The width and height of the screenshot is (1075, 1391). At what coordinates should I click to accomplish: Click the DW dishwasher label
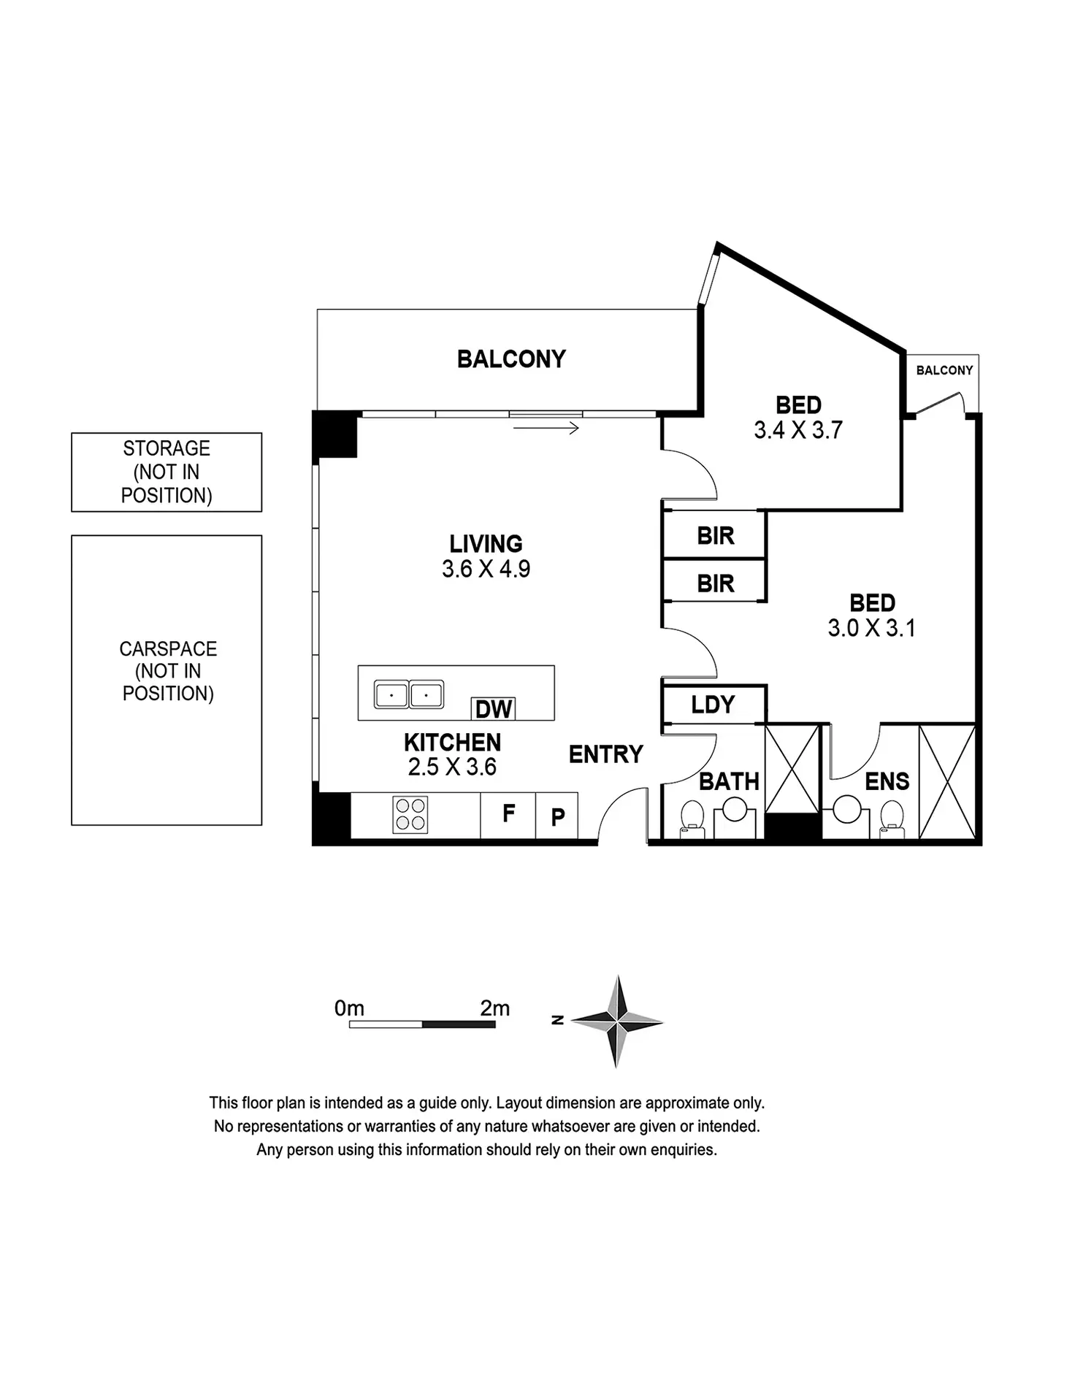pyautogui.click(x=494, y=709)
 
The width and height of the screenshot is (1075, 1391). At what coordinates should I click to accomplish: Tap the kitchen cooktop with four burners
pyautogui.click(x=410, y=815)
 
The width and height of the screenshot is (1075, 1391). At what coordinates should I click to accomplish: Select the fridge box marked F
pyautogui.click(x=508, y=813)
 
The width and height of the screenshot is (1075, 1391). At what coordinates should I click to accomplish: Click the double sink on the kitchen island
pyautogui.click(x=408, y=694)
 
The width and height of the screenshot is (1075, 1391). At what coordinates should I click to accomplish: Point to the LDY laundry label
pyautogui.click(x=713, y=705)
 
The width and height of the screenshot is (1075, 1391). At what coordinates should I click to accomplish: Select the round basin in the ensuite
pyautogui.click(x=847, y=809)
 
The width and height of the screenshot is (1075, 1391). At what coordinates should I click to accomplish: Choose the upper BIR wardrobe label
pyautogui.click(x=715, y=536)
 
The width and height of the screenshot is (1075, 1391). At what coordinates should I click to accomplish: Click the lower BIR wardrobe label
pyautogui.click(x=715, y=583)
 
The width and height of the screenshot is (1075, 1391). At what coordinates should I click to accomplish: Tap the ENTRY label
pyautogui.click(x=605, y=754)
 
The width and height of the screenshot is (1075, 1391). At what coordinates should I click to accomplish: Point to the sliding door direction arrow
pyautogui.click(x=546, y=429)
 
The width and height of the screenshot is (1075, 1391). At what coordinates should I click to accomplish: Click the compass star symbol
pyautogui.click(x=618, y=1021)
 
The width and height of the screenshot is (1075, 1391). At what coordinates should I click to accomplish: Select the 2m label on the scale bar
pyautogui.click(x=494, y=1008)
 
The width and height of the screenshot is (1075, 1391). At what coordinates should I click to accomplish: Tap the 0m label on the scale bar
pyautogui.click(x=349, y=1008)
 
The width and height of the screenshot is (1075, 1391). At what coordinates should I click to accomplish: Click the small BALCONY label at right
pyautogui.click(x=944, y=370)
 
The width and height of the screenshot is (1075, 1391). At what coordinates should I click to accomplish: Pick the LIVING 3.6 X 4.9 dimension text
pyautogui.click(x=486, y=569)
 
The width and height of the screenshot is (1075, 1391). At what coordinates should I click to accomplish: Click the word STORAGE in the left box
pyautogui.click(x=167, y=448)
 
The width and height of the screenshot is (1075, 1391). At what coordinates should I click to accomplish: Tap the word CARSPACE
pyautogui.click(x=168, y=648)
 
